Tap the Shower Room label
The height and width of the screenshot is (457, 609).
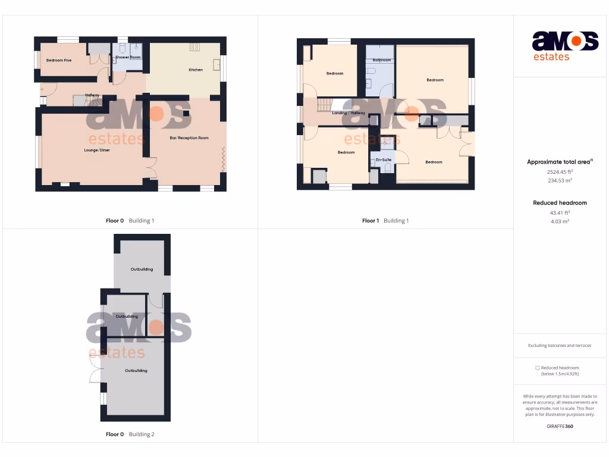coord(128,57)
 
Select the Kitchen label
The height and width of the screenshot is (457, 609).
coord(196,70)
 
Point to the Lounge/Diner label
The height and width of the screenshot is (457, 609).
coord(97,150)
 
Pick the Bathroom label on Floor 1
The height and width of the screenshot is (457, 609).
coord(382,60)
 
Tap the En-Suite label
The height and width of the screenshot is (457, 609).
coord(383,160)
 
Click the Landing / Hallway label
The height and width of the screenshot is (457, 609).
coord(349,113)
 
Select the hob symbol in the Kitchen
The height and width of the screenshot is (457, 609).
coord(194,47)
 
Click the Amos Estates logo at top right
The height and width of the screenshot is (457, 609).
coord(564,46)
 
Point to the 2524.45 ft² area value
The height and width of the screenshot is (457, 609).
coord(559,171)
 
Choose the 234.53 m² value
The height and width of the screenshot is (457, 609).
coord(559,180)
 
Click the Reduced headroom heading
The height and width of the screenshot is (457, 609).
coord(560,203)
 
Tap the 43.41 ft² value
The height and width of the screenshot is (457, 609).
coord(560,212)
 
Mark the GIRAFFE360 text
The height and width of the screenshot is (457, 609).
coord(560,426)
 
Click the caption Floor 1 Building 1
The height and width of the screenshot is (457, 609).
coord(385,221)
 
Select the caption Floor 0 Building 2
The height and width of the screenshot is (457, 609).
coord(130,434)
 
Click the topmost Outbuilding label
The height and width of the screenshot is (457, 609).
coord(142,269)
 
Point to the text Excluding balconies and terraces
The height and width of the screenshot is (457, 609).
coord(560,346)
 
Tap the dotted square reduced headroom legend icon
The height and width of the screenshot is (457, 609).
coord(537,368)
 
